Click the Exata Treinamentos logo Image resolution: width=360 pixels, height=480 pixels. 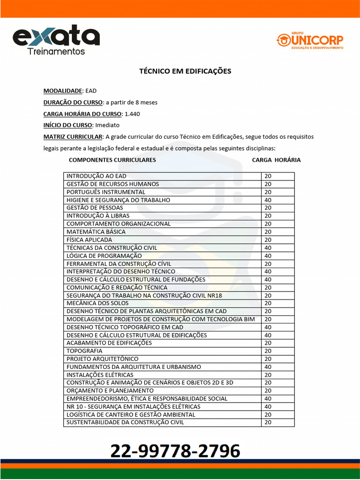coord(56,40)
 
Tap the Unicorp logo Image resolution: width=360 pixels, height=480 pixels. coord(310,41)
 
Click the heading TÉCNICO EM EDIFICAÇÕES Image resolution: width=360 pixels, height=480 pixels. coord(185,71)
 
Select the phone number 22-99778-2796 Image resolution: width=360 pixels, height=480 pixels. coord(175,451)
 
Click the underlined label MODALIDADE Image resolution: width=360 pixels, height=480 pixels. coord(63,91)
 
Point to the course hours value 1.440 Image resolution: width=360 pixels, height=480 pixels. coord(132,114)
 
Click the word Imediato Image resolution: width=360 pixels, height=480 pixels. coord(107,125)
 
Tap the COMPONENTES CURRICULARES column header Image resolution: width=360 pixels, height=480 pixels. coord(112,160)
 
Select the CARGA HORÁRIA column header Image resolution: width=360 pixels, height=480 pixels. coord(276,160)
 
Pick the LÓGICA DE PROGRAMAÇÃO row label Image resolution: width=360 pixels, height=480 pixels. coord(104,255)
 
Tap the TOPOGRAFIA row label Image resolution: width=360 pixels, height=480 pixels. coord(84,351)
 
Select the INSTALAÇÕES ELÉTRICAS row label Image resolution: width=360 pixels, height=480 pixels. coord(100,375)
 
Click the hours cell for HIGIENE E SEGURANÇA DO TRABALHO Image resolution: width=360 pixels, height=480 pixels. coord(268,200)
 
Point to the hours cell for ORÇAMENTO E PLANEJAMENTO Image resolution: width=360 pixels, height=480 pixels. coord(268,390)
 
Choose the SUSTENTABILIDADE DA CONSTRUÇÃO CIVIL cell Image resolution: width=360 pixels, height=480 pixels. coord(125,422)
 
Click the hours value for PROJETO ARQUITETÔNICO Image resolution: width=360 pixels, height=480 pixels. coord(268,359)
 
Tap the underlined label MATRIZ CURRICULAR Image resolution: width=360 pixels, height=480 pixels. coord(73,137)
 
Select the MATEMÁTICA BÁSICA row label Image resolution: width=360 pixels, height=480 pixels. coord(96,232)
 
